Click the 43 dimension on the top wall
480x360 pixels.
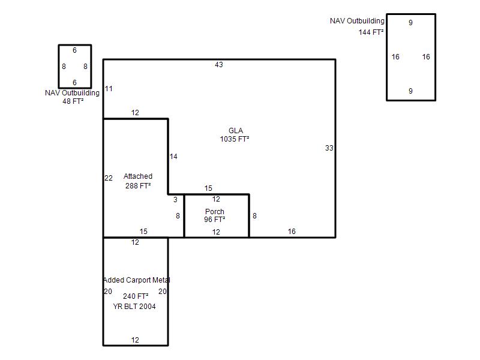click(x=218, y=65)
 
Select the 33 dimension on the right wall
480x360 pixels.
click(x=329, y=148)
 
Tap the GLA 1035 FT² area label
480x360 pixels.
click(x=235, y=134)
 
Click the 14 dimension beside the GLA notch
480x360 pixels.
click(x=173, y=157)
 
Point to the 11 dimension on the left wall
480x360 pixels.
click(x=109, y=89)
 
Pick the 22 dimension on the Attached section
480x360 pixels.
click(x=109, y=178)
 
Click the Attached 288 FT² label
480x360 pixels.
click(x=138, y=181)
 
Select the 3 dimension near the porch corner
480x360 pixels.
click(x=175, y=200)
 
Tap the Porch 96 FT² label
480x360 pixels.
click(x=215, y=215)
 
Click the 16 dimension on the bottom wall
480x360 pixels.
click(x=292, y=232)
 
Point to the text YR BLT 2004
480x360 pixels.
click(x=134, y=307)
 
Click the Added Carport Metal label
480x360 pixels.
click(x=137, y=280)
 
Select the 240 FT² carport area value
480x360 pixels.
click(x=136, y=296)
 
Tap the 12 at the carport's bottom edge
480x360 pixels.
click(x=135, y=340)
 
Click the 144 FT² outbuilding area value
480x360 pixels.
click(x=371, y=32)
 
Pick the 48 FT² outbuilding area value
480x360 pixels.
click(x=73, y=101)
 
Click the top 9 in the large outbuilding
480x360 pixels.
click(x=410, y=23)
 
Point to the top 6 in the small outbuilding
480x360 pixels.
click(x=74, y=50)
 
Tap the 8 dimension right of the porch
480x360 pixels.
click(x=254, y=216)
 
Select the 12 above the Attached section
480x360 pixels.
click(x=135, y=113)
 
